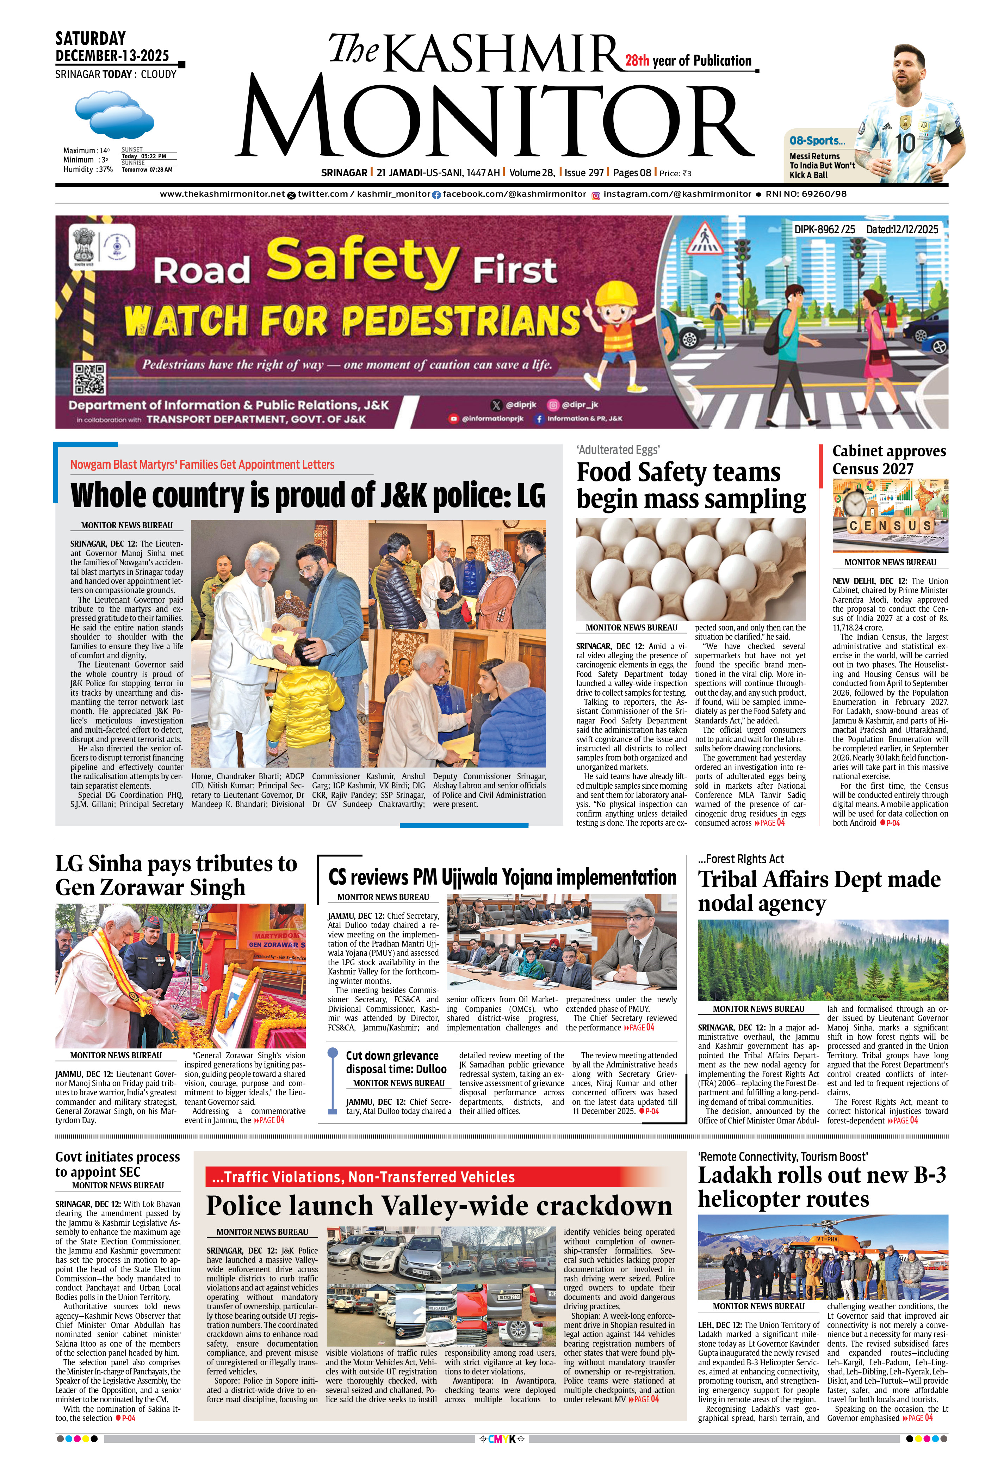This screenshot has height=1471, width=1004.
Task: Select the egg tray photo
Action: (x=691, y=569)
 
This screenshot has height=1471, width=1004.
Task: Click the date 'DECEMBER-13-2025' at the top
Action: (x=112, y=56)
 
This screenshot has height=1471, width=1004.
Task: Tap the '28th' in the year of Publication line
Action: (x=637, y=61)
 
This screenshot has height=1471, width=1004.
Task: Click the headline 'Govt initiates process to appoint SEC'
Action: (x=118, y=1164)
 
